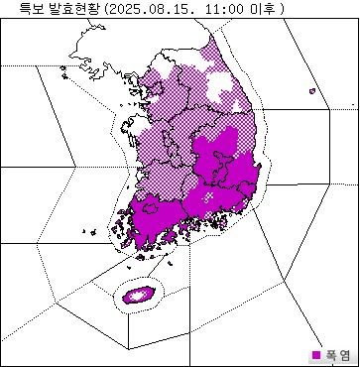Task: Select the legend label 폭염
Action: tap(339, 354)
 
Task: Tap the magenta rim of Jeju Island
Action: tap(126, 297)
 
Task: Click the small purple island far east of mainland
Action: tap(312, 92)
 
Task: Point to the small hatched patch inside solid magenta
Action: tap(208, 197)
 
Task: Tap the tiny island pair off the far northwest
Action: tap(64, 69)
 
